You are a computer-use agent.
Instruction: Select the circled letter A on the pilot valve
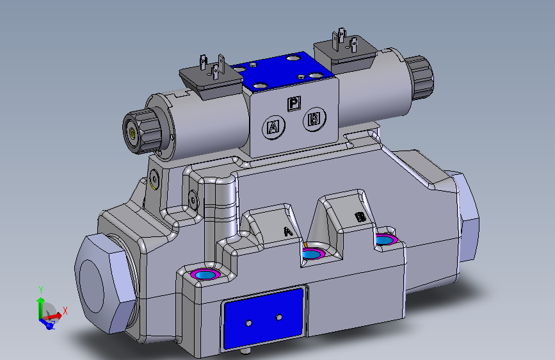click(x=273, y=127)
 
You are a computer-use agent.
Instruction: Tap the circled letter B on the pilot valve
click(x=314, y=119)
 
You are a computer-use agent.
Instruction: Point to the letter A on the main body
click(x=288, y=231)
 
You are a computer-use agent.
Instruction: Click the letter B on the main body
click(x=360, y=217)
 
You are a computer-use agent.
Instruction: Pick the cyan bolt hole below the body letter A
click(x=312, y=255)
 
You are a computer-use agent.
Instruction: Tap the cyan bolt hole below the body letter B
click(x=385, y=240)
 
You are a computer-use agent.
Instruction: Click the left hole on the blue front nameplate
click(x=249, y=322)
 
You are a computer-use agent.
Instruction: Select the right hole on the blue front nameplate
click(x=278, y=317)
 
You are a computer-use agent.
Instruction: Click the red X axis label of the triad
click(x=65, y=309)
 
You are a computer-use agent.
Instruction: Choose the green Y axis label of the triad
click(x=40, y=290)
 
